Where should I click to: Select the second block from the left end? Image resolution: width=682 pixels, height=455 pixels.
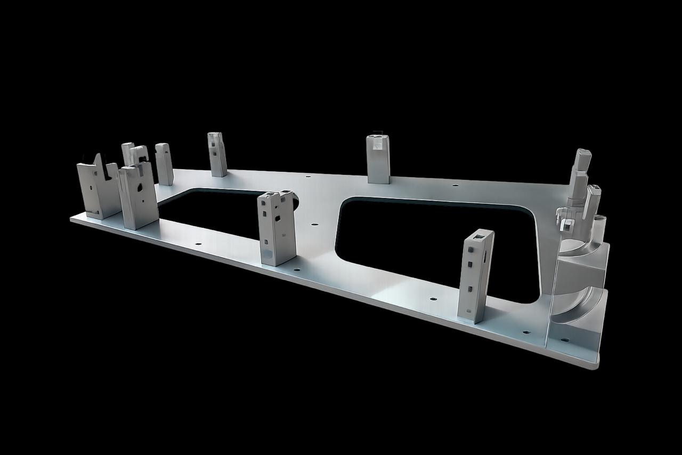click(x=138, y=196)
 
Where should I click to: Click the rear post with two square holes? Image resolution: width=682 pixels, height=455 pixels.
click(x=217, y=154)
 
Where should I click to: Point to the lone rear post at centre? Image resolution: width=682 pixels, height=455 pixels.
click(x=378, y=159)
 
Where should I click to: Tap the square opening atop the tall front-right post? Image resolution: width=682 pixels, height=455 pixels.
click(x=483, y=234)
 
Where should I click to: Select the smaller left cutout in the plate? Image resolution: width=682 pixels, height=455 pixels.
click(x=213, y=213)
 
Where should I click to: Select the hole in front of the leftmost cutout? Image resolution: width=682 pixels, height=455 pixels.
click(x=198, y=244)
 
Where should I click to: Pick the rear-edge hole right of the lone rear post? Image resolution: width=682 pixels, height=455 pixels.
click(x=455, y=186)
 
